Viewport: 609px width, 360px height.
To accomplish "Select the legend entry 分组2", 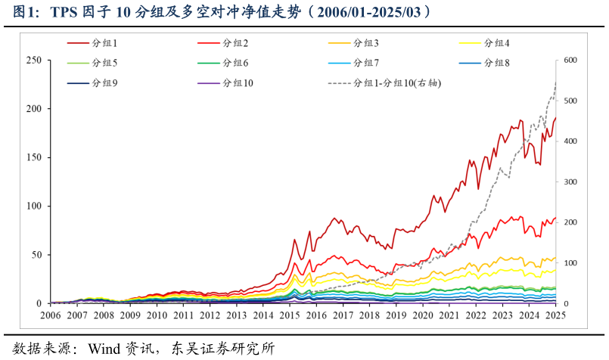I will coord(236,43).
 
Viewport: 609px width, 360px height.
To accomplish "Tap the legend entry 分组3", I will coord(366,43).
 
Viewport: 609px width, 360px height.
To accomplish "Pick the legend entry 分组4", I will coord(497,43).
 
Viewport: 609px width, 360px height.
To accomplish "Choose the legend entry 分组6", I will coord(236,63).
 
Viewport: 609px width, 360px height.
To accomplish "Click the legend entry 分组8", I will coord(497,63).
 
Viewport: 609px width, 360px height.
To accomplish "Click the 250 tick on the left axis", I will coord(33,61).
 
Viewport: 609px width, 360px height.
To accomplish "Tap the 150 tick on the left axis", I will coord(33,157).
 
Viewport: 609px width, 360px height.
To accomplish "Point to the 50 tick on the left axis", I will coord(36,255).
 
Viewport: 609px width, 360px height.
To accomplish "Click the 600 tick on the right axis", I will coord(570,61).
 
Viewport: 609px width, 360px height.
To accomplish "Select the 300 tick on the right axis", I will coord(570,182).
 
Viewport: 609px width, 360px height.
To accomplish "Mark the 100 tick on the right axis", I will coord(570,263).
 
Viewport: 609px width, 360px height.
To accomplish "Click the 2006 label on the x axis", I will coord(51,315).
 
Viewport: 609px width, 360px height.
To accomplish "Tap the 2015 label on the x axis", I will coord(290,315).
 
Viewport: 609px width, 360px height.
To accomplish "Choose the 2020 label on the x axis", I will coord(423,315).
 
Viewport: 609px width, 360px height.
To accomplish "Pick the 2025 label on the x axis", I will coord(556,315).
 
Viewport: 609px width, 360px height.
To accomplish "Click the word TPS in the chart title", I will coord(64,12).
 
